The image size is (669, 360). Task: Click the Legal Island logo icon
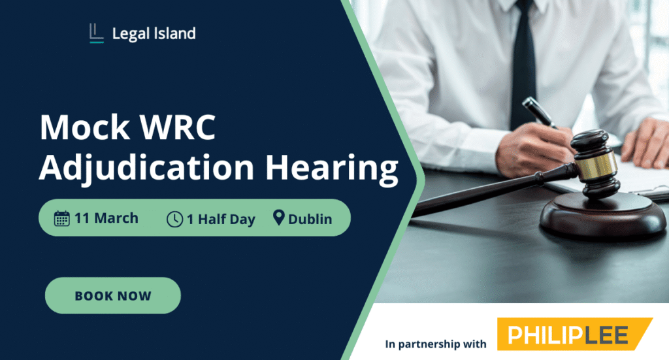click(96, 33)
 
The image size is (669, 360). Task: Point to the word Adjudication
click(144, 168)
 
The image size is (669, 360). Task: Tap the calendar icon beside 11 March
click(62, 218)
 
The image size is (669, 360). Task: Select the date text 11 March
click(106, 218)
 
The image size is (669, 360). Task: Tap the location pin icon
click(279, 218)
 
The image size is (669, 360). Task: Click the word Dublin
click(310, 220)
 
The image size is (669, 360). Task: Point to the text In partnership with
click(436, 343)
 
